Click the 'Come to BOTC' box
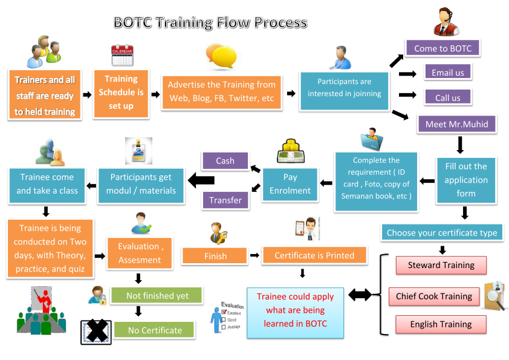coord(443,48)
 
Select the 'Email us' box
coord(447,73)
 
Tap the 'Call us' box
coord(447,97)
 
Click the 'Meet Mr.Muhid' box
coord(452,124)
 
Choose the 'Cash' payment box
coord(225,160)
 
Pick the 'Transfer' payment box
coord(225,200)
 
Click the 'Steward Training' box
coord(441,265)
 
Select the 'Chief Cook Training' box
coord(433,296)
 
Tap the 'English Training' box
coord(441,324)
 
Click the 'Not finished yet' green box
coord(157,296)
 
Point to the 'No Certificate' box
coord(155,330)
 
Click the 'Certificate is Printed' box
coord(314,255)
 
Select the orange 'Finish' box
coord(215,256)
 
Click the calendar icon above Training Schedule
coord(122,56)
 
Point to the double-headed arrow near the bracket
coord(360,295)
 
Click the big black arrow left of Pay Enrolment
coord(201,180)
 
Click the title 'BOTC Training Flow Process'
coord(210,23)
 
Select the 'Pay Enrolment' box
coord(290,184)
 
